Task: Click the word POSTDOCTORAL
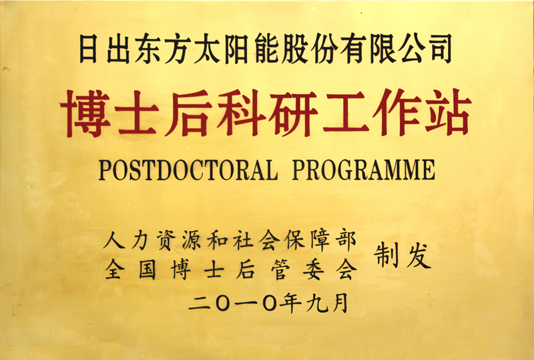(188, 170)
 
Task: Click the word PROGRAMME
(363, 170)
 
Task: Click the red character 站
(448, 112)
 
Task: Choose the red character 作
(396, 112)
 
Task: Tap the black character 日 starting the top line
(88, 49)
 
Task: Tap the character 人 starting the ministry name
(114, 240)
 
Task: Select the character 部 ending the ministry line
(346, 240)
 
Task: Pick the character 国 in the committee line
(148, 270)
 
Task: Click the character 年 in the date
(290, 303)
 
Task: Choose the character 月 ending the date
(340, 303)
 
